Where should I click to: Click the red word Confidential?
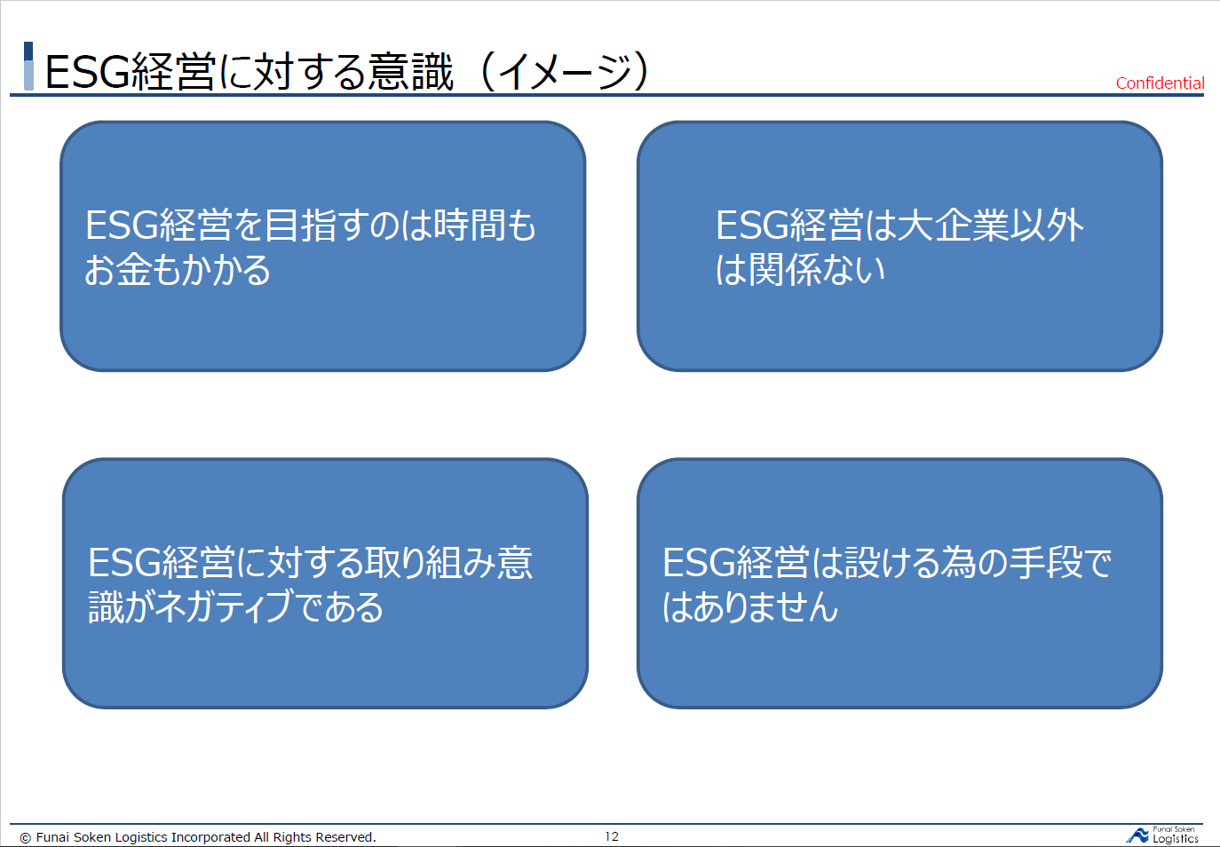(x=1160, y=83)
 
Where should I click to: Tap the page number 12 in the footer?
(x=612, y=836)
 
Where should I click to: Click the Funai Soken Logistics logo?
(x=1162, y=835)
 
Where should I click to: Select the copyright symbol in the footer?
(x=25, y=837)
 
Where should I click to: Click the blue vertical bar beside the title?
(x=29, y=66)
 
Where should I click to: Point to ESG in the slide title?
(x=87, y=72)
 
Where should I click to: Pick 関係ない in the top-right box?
(x=817, y=270)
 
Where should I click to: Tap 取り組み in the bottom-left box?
(x=430, y=563)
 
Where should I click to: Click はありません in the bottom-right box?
(x=750, y=607)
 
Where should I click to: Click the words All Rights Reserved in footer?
(x=315, y=837)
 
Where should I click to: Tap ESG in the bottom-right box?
(x=699, y=563)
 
